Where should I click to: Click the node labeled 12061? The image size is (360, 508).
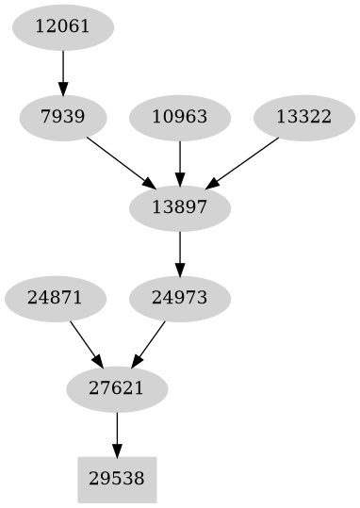coord(62,26)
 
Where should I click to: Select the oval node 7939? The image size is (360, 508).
coord(62,118)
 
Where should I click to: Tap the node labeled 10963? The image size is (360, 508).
coord(179,118)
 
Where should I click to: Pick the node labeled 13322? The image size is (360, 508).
coord(303,118)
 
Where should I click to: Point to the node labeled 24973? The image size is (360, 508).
coord(179,298)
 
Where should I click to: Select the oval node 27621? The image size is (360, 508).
coord(117,388)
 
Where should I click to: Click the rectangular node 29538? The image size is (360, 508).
coord(117,479)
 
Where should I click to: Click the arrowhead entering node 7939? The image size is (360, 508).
coord(62,89)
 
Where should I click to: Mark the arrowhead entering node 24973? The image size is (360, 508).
coord(179,269)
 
